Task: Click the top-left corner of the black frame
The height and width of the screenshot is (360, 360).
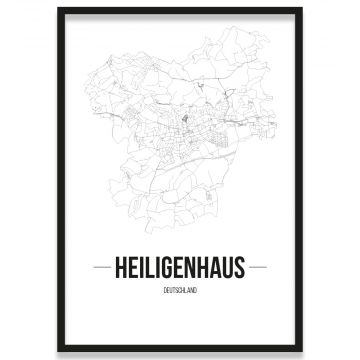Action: pyautogui.click(x=58, y=9)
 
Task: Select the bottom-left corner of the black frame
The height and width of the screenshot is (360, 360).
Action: pyautogui.click(x=58, y=351)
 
